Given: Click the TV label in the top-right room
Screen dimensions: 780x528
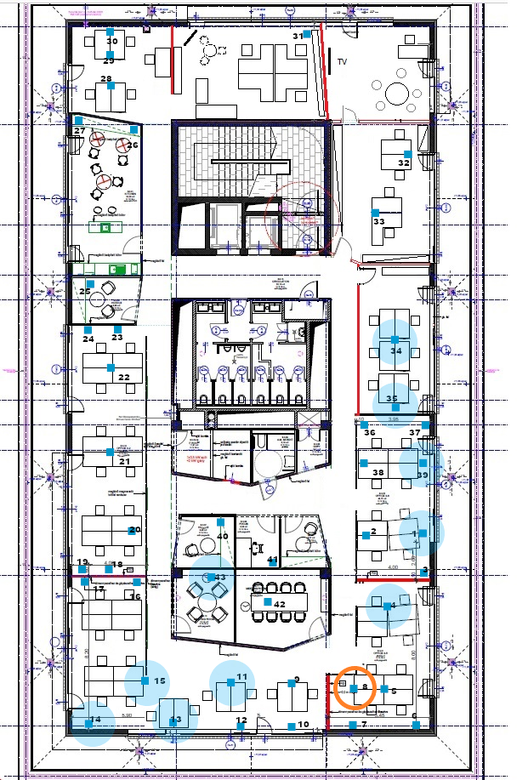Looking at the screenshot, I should point(342,62).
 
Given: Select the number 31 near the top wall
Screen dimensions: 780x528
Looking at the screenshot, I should point(298,36).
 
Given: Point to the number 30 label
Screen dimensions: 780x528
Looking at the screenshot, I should point(111,41).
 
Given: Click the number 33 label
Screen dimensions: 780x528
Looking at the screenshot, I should point(378,222).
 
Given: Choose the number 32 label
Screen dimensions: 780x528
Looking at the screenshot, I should point(404,162).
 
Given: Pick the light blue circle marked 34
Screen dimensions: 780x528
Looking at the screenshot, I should point(395,342).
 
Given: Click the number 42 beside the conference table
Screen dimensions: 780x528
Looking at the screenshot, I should point(279,604).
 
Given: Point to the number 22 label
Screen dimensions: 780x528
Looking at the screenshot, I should point(124,378).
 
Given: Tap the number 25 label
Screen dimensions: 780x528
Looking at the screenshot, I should point(84,292).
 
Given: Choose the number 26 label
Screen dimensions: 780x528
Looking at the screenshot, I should point(133,145).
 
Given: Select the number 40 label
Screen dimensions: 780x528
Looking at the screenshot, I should point(223,536).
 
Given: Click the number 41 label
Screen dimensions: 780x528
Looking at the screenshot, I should point(272,560).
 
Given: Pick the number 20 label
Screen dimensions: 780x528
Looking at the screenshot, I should point(133,530).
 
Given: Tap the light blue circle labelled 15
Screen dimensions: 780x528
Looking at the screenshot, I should point(147,681).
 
